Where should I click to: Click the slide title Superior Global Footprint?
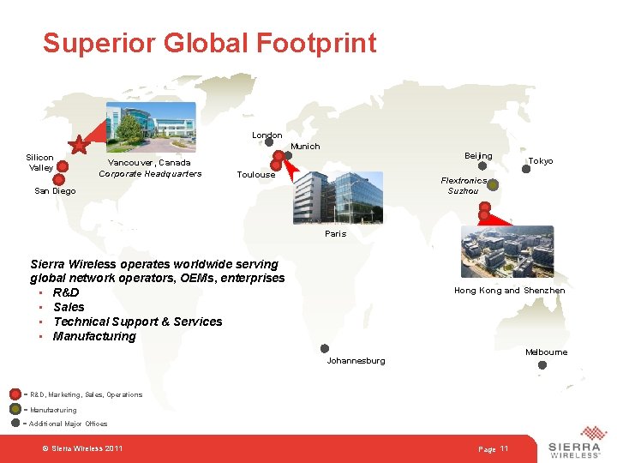coord(209,43)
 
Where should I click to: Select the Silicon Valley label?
coord(39,162)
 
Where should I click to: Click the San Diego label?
coord(55,191)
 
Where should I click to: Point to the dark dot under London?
coord(268,144)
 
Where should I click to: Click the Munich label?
coord(305,147)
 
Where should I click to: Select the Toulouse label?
coord(255,175)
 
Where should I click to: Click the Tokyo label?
coord(540,161)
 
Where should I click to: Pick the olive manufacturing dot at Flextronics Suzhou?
coord(493,184)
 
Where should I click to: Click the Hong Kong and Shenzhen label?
coord(509,291)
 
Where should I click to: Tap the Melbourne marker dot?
coord(542,365)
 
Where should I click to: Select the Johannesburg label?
coord(356,361)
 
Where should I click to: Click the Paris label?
coord(335,234)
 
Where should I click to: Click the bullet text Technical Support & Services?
coord(137,322)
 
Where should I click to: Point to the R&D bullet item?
coord(66,292)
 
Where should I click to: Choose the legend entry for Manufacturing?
coord(52,410)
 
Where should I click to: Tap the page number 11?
coord(504,449)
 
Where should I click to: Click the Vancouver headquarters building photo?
coord(150,127)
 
